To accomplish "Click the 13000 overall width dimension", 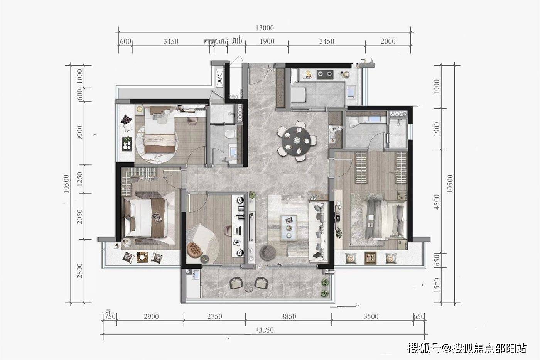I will click(264, 28).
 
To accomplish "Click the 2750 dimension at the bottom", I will click(214, 317).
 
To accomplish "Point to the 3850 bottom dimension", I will click(288, 317).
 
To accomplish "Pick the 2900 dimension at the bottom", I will click(151, 317).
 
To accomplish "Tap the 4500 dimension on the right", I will click(437, 202).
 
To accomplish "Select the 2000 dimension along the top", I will click(388, 42).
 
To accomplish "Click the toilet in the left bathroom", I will click(230, 134).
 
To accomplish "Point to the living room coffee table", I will click(289, 227).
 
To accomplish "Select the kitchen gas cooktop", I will click(325, 74).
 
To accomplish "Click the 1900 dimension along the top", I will click(267, 42).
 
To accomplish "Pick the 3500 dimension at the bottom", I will click(371, 317).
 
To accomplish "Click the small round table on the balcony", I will click(249, 286).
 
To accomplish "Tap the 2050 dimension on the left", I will click(79, 217).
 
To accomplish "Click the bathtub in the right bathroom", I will click(364, 119).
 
